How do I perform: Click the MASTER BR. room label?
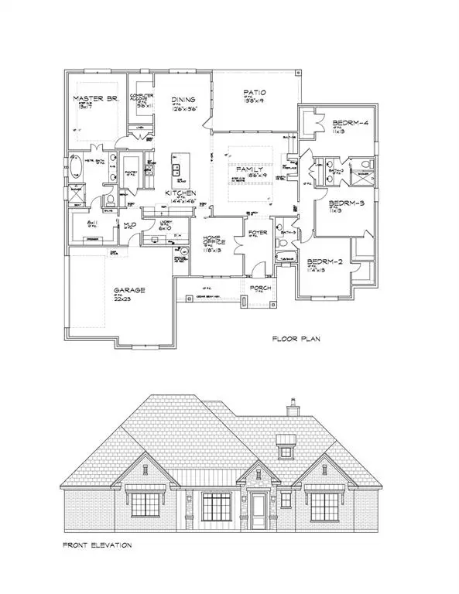click(93, 99)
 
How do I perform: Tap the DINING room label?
click(184, 100)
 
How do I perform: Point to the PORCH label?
click(259, 288)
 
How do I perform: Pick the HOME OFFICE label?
click(213, 241)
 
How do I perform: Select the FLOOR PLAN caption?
click(298, 339)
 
